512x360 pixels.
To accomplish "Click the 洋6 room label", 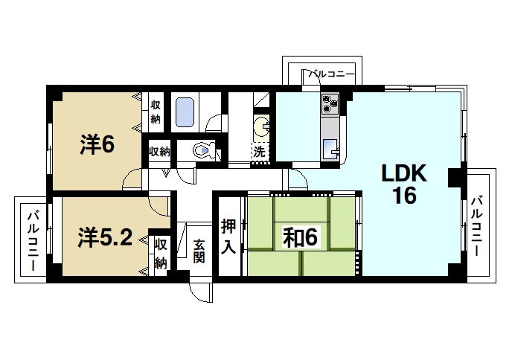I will click(x=97, y=144).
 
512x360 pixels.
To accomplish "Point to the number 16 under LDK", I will click(x=404, y=196).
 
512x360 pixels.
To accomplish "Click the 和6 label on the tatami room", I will click(x=301, y=237).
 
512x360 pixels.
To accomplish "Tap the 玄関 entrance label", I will click(x=199, y=251).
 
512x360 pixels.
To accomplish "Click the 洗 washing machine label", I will click(x=260, y=151).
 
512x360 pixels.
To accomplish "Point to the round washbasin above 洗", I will click(x=262, y=124).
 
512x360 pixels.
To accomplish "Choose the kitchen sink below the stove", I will click(x=330, y=146).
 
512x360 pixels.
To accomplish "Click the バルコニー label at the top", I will click(x=330, y=74).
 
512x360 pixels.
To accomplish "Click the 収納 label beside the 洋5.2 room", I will click(x=161, y=254).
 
